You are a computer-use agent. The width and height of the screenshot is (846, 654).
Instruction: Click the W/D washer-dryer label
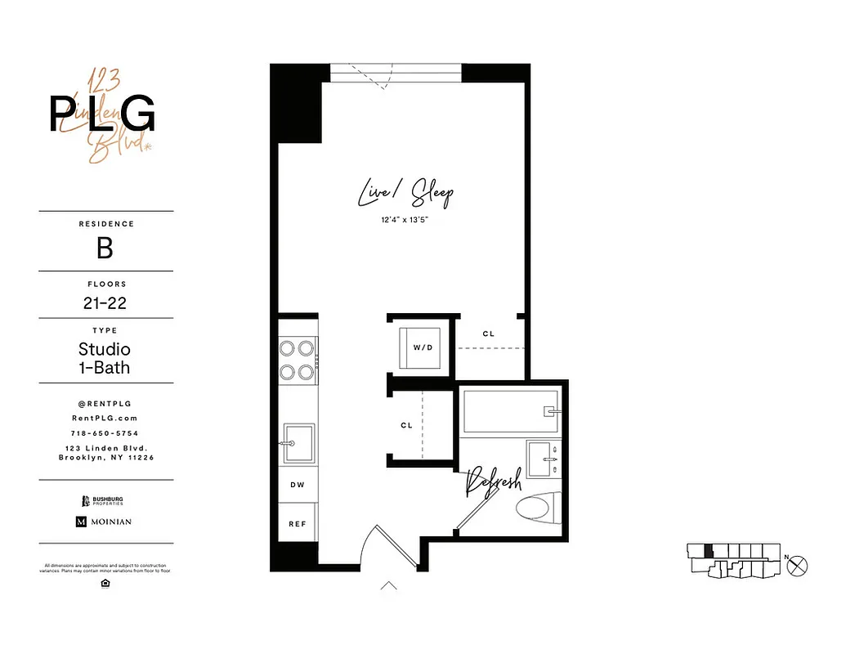(422, 347)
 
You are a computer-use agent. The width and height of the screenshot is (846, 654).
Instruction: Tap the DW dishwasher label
(298, 485)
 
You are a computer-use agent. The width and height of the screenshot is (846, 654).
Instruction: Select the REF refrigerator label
(298, 523)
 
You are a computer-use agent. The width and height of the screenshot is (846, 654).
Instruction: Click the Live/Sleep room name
(405, 194)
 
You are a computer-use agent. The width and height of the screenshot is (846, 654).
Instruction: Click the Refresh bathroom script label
(493, 484)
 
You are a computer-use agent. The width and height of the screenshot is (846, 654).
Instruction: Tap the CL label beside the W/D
(489, 334)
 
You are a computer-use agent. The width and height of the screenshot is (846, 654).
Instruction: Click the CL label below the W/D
(406, 426)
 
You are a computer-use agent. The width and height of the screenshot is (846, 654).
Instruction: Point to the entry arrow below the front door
(389, 585)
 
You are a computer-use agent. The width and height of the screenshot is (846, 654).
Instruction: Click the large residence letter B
(105, 248)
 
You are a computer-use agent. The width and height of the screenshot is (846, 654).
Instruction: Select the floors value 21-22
(105, 303)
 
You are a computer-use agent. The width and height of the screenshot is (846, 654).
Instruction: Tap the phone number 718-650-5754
(105, 433)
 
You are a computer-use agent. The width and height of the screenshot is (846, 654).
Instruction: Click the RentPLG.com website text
(105, 418)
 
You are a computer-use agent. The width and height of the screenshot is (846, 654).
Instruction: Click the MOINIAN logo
(104, 522)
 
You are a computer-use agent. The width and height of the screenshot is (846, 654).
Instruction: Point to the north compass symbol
(799, 564)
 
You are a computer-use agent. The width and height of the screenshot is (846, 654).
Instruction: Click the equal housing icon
(105, 583)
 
